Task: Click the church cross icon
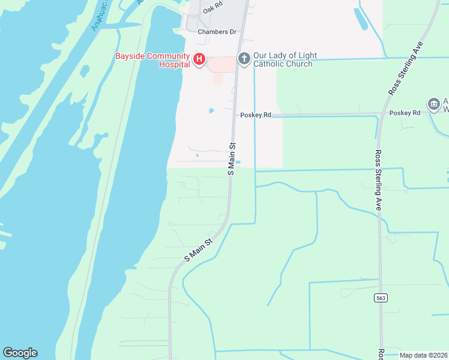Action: [244, 58]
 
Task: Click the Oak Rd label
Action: [212, 9]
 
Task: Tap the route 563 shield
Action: [380, 298]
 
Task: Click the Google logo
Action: [20, 353]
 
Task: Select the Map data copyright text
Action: [424, 355]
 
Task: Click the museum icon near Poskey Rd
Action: [433, 104]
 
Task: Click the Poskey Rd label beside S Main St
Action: [256, 115]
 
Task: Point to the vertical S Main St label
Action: [231, 158]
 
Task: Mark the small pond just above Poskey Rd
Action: [211, 110]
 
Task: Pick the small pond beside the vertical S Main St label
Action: [238, 162]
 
